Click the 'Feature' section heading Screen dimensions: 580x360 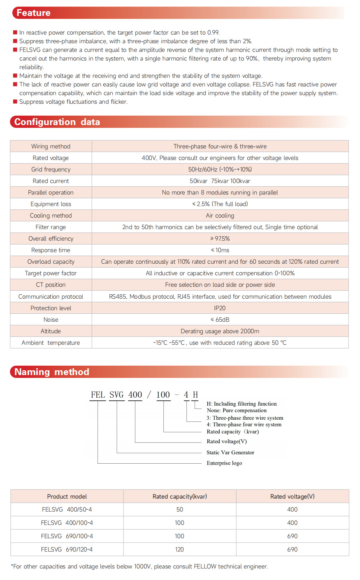point(33,13)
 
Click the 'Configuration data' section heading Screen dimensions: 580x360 point(57,122)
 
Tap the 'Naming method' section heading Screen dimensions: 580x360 point(51,372)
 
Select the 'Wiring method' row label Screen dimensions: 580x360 point(51,146)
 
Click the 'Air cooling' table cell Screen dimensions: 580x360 point(220,215)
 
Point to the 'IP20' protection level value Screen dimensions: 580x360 point(220,308)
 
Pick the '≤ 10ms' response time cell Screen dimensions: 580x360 point(220,250)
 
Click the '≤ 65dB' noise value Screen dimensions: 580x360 point(220,320)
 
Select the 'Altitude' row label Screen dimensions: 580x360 point(51,331)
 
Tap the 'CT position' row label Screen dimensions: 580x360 point(51,285)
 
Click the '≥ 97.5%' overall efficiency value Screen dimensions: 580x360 point(220,238)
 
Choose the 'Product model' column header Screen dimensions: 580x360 point(67,496)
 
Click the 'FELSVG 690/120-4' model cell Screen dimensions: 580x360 point(67,549)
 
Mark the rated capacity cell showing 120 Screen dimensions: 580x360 point(180,549)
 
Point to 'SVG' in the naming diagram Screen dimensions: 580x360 point(117,395)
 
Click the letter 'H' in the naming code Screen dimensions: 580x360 point(195,395)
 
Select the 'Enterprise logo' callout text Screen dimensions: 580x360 point(224,463)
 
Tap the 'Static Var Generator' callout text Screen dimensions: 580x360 point(230,452)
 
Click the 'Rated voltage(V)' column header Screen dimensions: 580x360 point(292,496)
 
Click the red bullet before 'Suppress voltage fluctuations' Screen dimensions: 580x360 point(15,102)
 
